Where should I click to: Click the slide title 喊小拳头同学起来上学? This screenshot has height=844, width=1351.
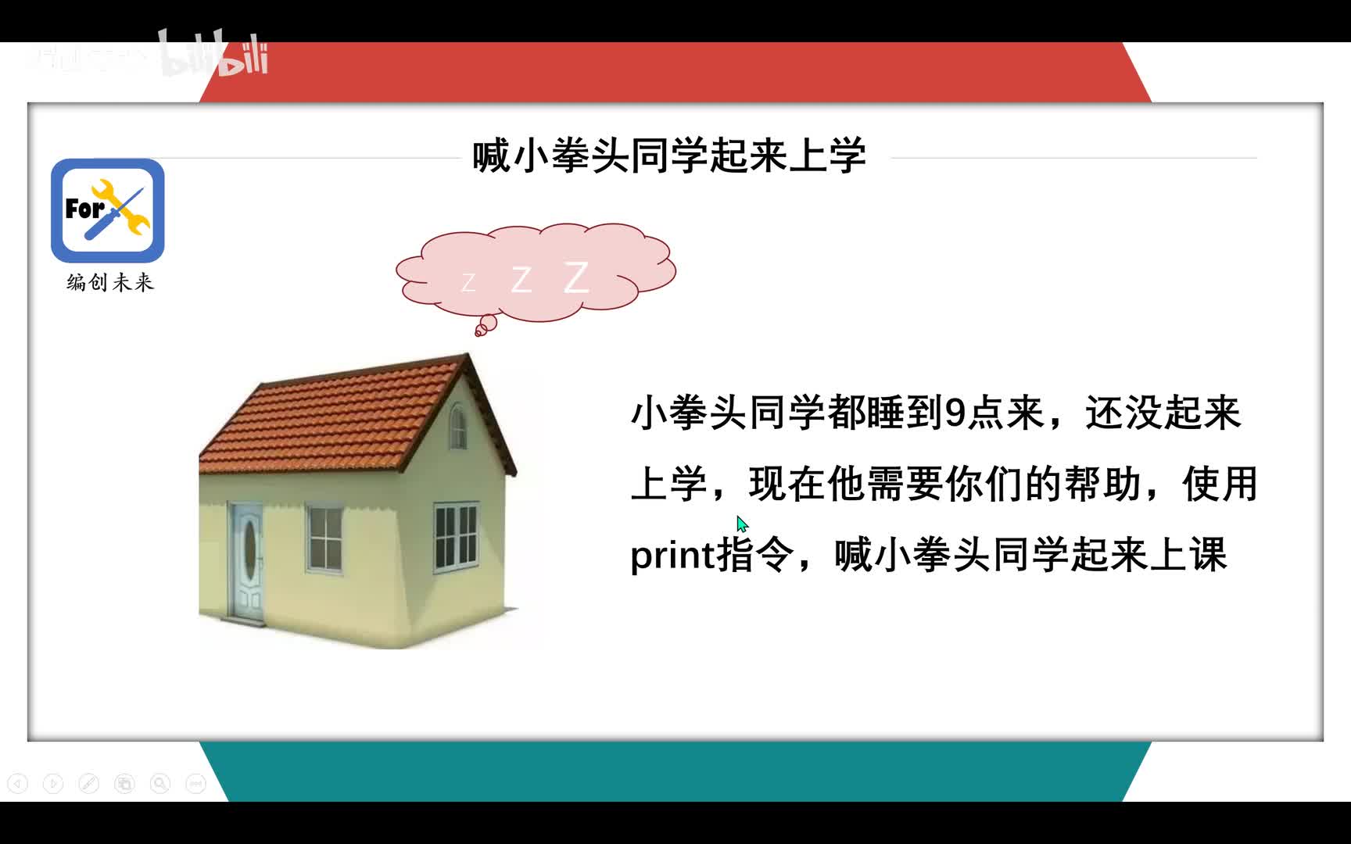click(669, 156)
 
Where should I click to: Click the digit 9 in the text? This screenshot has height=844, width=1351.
click(955, 413)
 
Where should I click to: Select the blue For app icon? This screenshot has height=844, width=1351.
click(108, 210)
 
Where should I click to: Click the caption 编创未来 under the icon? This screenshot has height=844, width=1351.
click(110, 282)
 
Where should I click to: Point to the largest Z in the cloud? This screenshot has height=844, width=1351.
click(576, 277)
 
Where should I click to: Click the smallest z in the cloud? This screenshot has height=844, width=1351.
click(468, 282)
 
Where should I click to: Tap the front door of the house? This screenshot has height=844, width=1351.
click(247, 560)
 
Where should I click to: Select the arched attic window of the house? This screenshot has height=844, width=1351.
click(457, 426)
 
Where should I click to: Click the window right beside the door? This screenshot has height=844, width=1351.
click(324, 538)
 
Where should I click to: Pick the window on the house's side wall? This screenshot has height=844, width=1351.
click(456, 537)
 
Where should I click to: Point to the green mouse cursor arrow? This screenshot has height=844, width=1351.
click(742, 524)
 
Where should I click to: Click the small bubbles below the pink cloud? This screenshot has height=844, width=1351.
click(486, 325)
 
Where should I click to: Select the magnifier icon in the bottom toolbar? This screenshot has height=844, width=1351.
click(160, 783)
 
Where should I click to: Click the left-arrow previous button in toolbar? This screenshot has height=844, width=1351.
click(17, 783)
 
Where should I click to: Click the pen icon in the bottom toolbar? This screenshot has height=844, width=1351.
click(89, 783)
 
